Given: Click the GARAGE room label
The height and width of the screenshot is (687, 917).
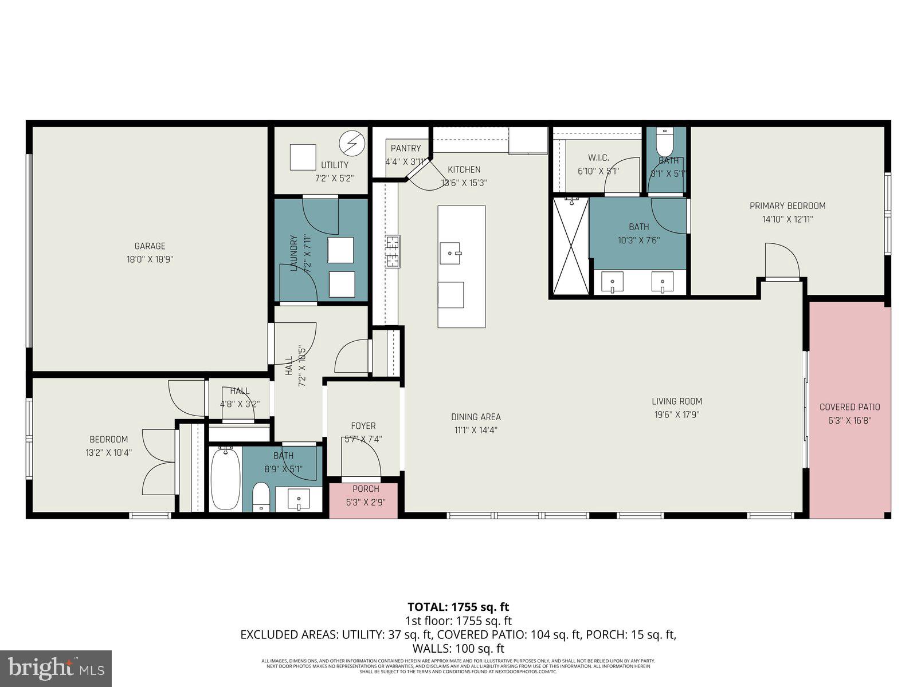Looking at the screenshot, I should (150, 246).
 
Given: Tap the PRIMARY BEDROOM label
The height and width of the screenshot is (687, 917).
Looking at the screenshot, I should (787, 206).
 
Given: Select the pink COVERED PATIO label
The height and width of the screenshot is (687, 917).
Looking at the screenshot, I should (849, 407).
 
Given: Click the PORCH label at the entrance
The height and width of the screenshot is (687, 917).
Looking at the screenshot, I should (366, 489).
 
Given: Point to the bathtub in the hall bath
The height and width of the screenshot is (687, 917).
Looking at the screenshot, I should (225, 478).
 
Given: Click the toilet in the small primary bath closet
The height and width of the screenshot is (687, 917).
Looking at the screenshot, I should (665, 140).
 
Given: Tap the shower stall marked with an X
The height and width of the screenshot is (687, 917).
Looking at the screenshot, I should (570, 246).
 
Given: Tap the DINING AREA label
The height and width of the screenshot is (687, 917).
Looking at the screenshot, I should (476, 417).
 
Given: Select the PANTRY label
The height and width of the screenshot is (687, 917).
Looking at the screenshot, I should (406, 148).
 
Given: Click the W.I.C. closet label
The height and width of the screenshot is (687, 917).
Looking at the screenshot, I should (598, 157).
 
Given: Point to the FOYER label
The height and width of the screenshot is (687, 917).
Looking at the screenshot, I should (363, 426).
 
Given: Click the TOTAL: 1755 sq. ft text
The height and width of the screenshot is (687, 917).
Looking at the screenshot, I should (458, 607).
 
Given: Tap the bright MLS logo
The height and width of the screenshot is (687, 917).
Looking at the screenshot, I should (56, 668).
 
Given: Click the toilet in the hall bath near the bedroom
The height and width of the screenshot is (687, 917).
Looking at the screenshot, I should (261, 496).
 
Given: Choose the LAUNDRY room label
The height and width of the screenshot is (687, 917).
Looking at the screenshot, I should (293, 252).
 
